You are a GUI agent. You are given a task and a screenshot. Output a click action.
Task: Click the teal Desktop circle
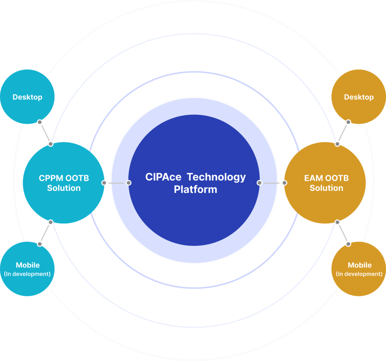tap(28, 97)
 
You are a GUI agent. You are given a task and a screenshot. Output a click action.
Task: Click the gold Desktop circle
tap(358, 97)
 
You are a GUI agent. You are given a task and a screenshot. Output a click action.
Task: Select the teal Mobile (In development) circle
tap(28, 269)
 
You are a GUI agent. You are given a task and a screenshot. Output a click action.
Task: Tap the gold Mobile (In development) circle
tap(359, 269)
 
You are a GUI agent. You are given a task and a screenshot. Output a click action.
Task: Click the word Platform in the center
tap(195, 189)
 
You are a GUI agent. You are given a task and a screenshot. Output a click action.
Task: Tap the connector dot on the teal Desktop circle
tap(40, 122)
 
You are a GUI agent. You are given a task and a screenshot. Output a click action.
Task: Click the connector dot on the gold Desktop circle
tap(348, 122)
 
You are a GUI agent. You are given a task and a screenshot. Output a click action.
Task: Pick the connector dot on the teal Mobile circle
tap(40, 244)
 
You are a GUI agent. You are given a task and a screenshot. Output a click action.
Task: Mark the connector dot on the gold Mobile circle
tap(348, 244)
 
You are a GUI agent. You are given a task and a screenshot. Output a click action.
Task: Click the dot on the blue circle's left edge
tap(129, 183)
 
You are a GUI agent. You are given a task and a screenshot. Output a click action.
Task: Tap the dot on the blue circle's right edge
tap(259, 183)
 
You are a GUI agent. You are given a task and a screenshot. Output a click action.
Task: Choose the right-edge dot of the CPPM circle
tap(104, 183)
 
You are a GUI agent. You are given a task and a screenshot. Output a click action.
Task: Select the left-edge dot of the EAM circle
tap(284, 183)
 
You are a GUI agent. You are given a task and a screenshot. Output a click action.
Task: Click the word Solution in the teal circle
tap(64, 188)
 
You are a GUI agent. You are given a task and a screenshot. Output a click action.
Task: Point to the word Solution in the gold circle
tap(326, 188)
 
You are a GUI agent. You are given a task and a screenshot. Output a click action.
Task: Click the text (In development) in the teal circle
tap(28, 274)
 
